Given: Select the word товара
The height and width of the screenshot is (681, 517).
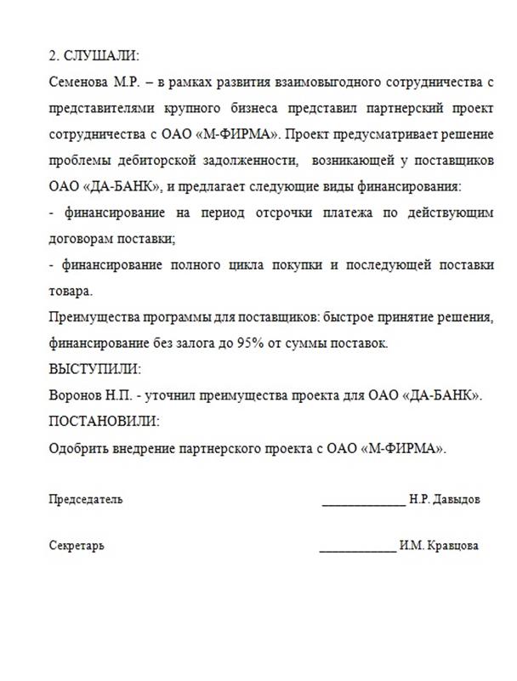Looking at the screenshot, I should pyautogui.click(x=69, y=291).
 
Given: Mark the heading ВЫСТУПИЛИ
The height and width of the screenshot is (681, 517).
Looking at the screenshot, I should pyautogui.click(x=95, y=370).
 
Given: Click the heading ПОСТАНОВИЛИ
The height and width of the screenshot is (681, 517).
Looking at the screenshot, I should pyautogui.click(x=104, y=422).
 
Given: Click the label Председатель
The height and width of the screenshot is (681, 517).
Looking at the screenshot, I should pyautogui.click(x=85, y=499).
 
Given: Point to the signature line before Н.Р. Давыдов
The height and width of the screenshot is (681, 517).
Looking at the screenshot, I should pyautogui.click(x=363, y=502).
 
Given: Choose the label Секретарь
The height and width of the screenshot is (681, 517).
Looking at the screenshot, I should pyautogui.click(x=77, y=545).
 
